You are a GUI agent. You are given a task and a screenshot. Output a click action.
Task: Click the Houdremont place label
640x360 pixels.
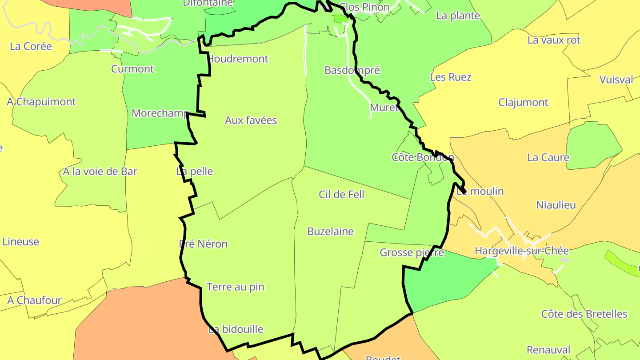[x=238, y=59]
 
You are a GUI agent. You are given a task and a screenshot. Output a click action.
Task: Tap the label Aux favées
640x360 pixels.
[x=251, y=120]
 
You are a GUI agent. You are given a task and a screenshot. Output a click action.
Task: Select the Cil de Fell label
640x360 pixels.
[x=341, y=194]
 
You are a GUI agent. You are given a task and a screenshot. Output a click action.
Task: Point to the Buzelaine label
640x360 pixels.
[x=330, y=232]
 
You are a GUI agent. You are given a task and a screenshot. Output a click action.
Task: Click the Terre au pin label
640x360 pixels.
[x=235, y=287]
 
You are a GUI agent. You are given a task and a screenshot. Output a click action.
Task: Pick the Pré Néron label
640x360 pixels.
[x=203, y=244]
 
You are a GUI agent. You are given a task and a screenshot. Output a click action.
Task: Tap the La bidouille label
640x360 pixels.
[x=236, y=329]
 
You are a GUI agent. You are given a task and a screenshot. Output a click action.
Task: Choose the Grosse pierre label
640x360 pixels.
[x=412, y=253]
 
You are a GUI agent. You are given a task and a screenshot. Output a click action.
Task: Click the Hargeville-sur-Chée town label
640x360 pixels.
[x=521, y=251]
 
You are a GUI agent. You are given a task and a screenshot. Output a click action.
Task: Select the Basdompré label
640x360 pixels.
[x=352, y=70]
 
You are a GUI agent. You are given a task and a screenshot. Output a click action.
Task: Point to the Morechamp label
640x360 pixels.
[x=160, y=113]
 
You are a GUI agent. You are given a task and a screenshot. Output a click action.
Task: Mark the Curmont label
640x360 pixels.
[x=132, y=69]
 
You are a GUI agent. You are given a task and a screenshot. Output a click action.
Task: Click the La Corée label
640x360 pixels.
[x=31, y=47]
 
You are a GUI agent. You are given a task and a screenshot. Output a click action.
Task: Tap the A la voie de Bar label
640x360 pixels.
[x=100, y=172]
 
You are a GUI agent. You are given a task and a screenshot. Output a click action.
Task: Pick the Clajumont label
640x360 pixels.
[x=523, y=103]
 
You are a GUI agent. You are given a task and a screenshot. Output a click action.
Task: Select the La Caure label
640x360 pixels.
[x=548, y=157]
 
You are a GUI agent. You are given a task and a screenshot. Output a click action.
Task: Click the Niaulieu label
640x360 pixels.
[x=556, y=205]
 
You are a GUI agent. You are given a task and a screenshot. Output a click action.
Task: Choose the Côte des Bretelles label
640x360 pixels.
[x=584, y=314]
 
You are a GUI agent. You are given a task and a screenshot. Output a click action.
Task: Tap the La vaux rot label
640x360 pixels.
[x=554, y=40]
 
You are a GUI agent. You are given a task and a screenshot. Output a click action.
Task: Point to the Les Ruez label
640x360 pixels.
[x=450, y=77]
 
